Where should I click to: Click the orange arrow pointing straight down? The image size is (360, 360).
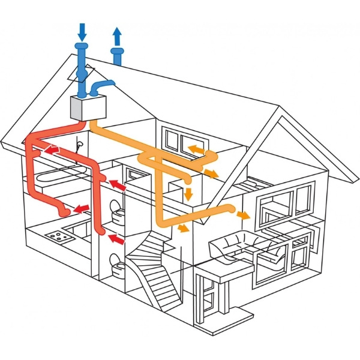point(187,194)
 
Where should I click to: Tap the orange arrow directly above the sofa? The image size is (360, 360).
point(244,214)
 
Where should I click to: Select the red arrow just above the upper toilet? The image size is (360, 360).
point(118,188)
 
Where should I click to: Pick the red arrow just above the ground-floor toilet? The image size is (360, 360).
point(117,241)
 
